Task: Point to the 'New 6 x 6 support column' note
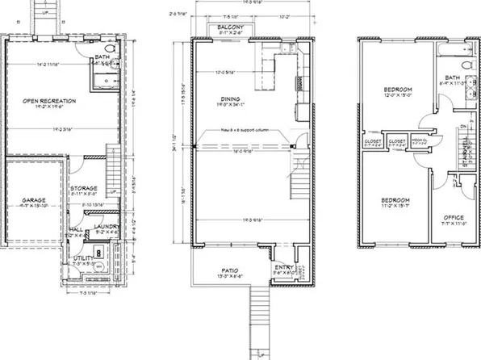point(243,132)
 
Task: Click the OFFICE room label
point(452,217)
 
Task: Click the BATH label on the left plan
point(102,57)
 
